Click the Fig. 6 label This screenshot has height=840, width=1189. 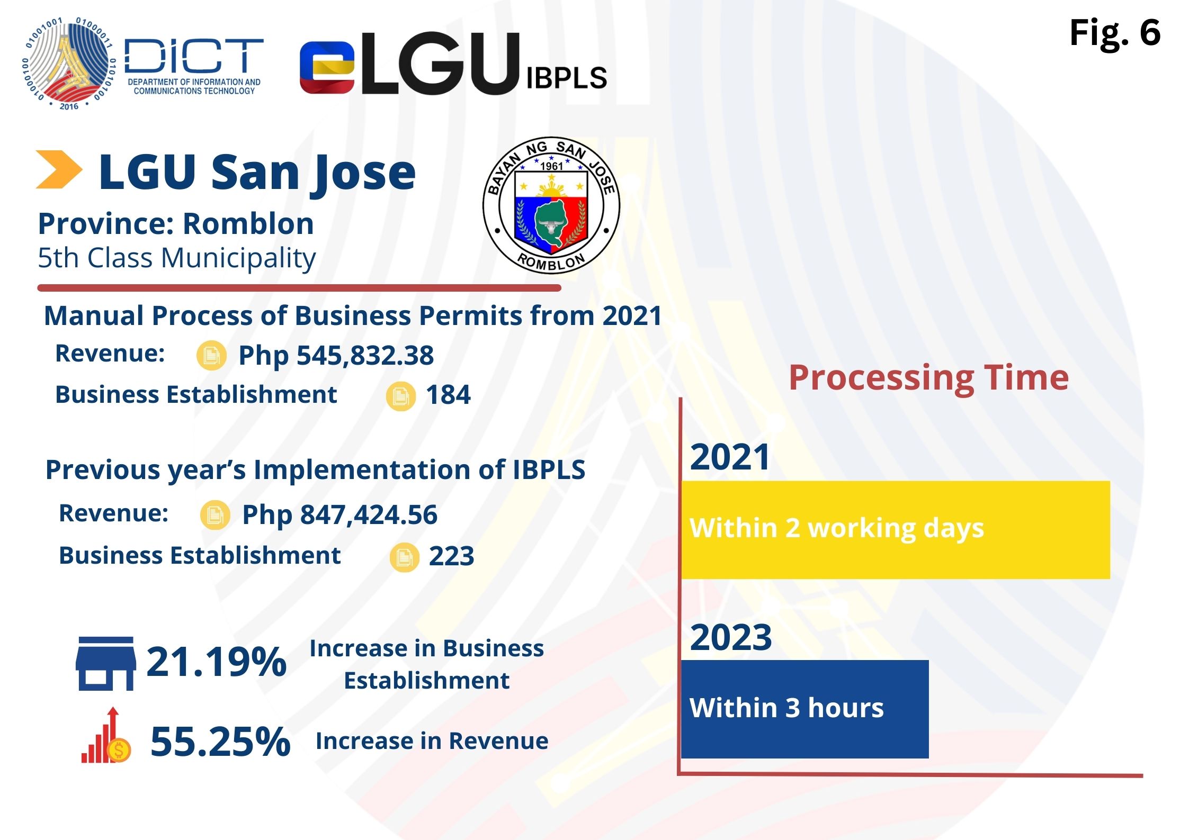pyautogui.click(x=1114, y=33)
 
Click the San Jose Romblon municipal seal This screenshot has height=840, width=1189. pyautogui.click(x=551, y=205)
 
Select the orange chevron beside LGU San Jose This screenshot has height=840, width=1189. pyautogui.click(x=59, y=169)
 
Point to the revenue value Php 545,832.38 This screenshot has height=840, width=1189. pyautogui.click(x=336, y=355)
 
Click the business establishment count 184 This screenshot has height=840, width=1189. pyautogui.click(x=448, y=395)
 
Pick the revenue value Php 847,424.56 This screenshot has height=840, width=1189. pyautogui.click(x=339, y=515)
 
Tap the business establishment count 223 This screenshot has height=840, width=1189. pyautogui.click(x=451, y=556)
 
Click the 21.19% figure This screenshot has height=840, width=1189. pyautogui.click(x=216, y=662)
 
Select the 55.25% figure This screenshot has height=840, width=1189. pyautogui.click(x=220, y=742)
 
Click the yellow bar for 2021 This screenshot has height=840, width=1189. pyautogui.click(x=895, y=529)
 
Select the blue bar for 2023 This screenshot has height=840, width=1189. pyautogui.click(x=804, y=709)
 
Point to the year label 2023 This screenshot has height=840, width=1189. pyautogui.click(x=730, y=637)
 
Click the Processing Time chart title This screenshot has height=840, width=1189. pyautogui.click(x=928, y=378)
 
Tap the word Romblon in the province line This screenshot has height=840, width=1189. pyautogui.click(x=248, y=224)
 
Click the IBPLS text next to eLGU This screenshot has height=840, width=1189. pyautogui.click(x=566, y=78)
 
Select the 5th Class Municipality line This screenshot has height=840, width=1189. pyautogui.click(x=177, y=258)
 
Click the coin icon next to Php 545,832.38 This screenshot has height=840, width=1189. pyautogui.click(x=211, y=355)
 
